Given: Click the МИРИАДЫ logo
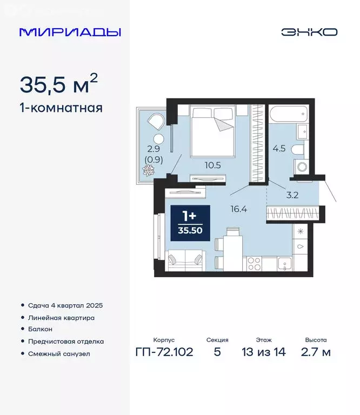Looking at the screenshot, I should click(x=70, y=32).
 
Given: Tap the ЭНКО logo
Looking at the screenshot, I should click(x=309, y=32).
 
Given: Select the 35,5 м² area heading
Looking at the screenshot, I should click(x=59, y=85).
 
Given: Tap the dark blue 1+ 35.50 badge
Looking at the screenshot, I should click(x=189, y=222).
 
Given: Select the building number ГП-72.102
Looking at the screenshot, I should click(x=163, y=353).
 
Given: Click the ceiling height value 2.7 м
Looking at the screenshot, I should click(x=316, y=353).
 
